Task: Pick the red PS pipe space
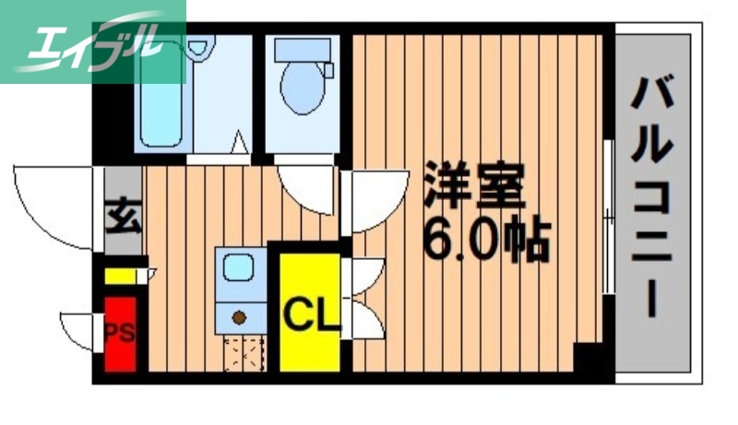pos(120,333)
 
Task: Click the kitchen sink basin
pos(237,268)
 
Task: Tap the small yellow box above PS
pos(120,276)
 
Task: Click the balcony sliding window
pos(608,217)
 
